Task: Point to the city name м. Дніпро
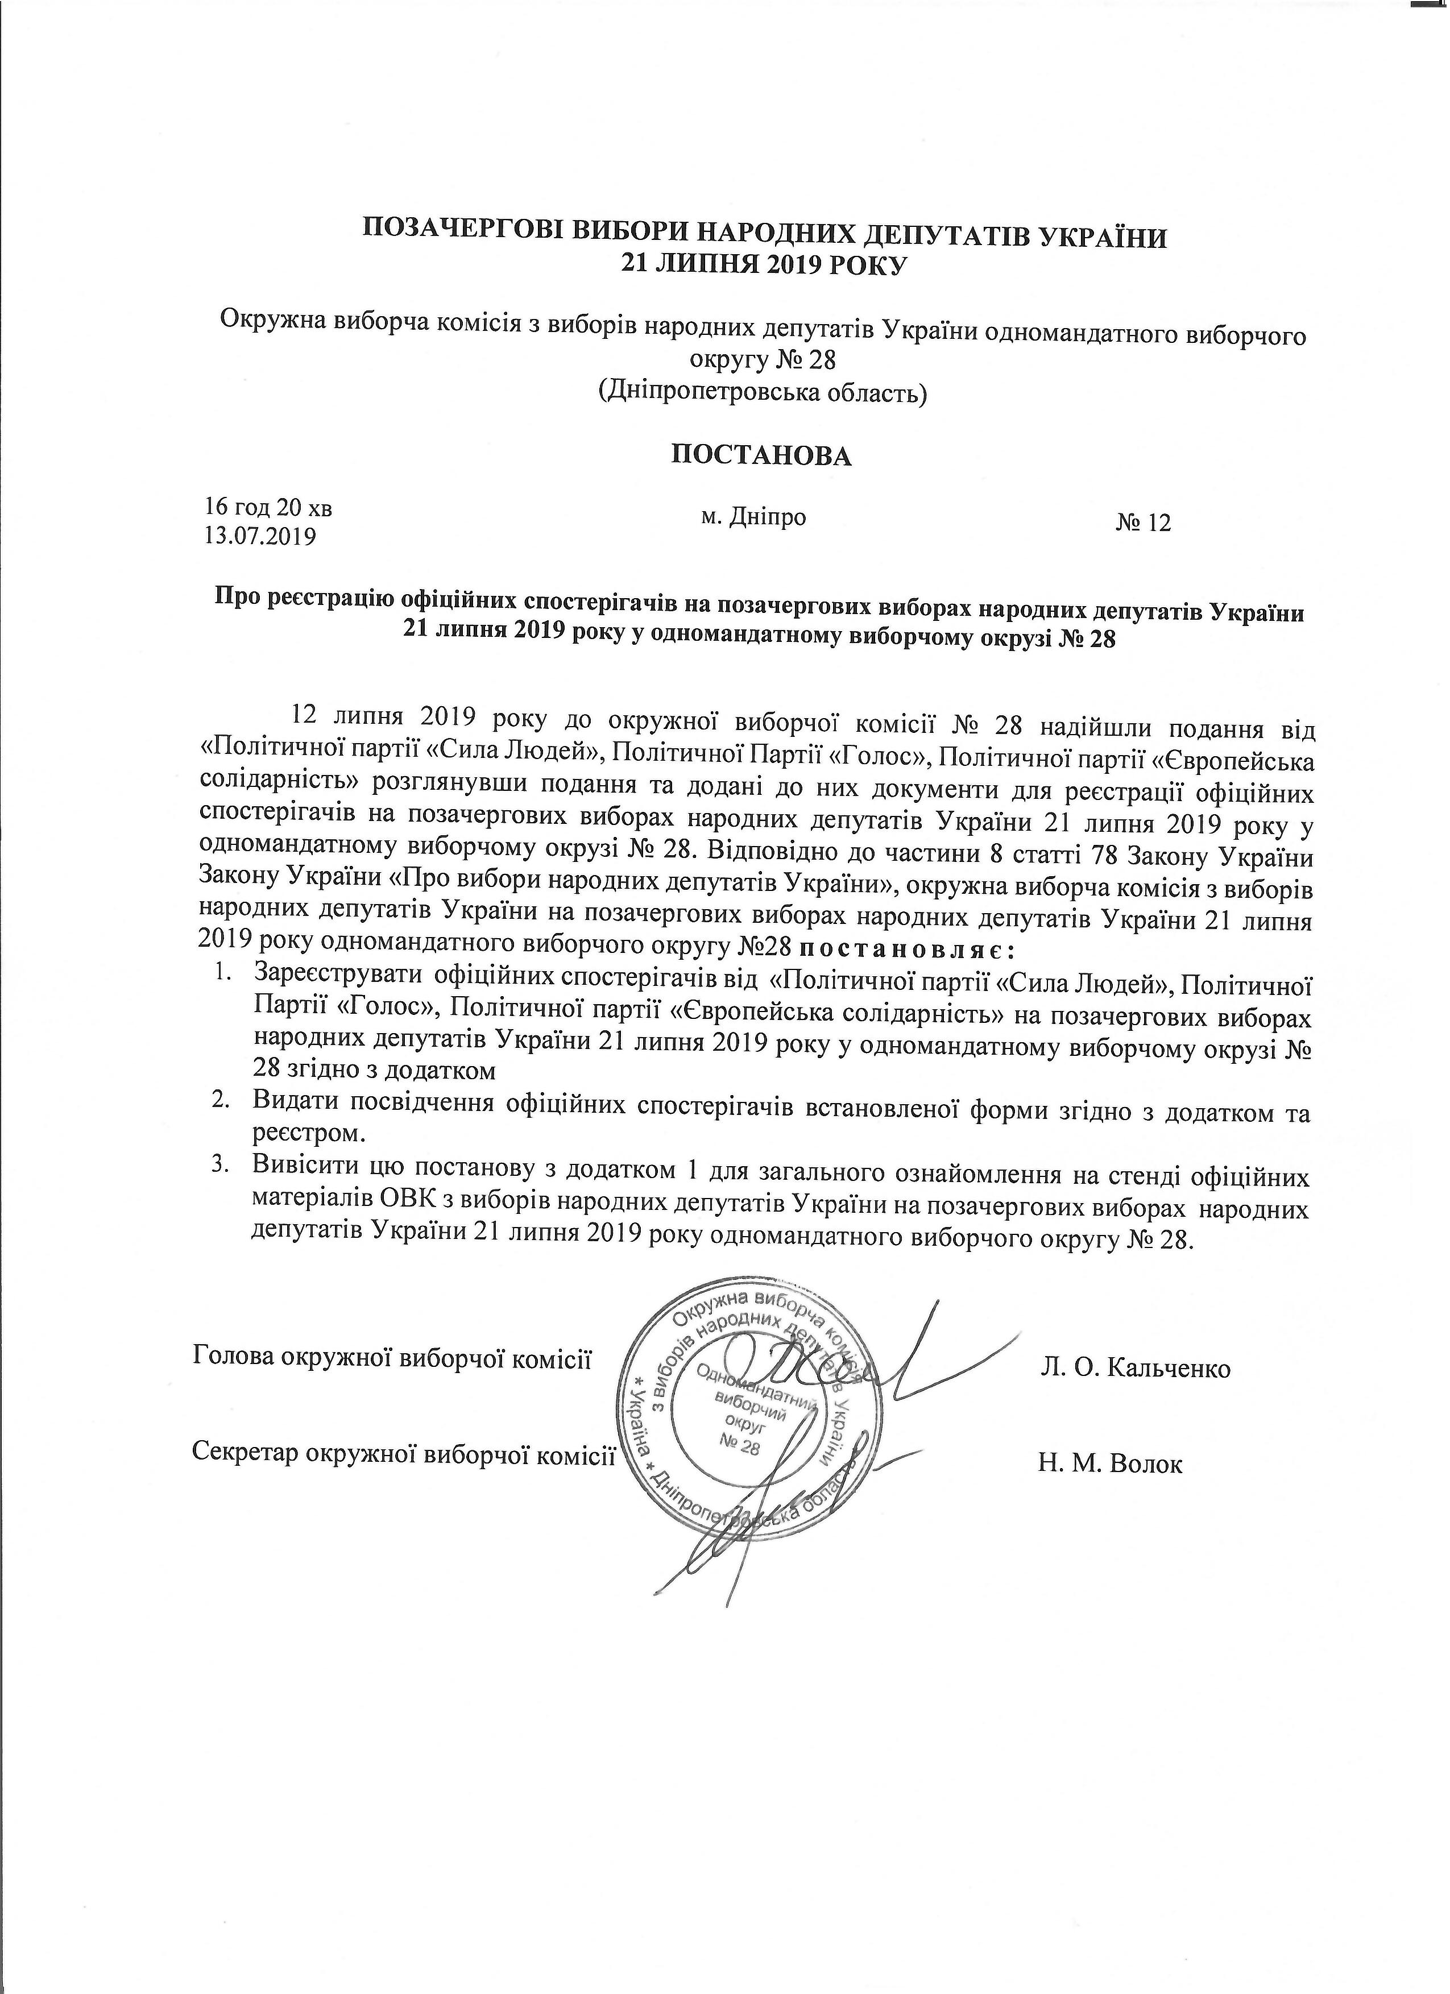[x=753, y=517]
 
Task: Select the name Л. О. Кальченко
[x=1135, y=1367]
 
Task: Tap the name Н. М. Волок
[x=1111, y=1465]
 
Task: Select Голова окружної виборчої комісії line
[x=391, y=1357]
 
